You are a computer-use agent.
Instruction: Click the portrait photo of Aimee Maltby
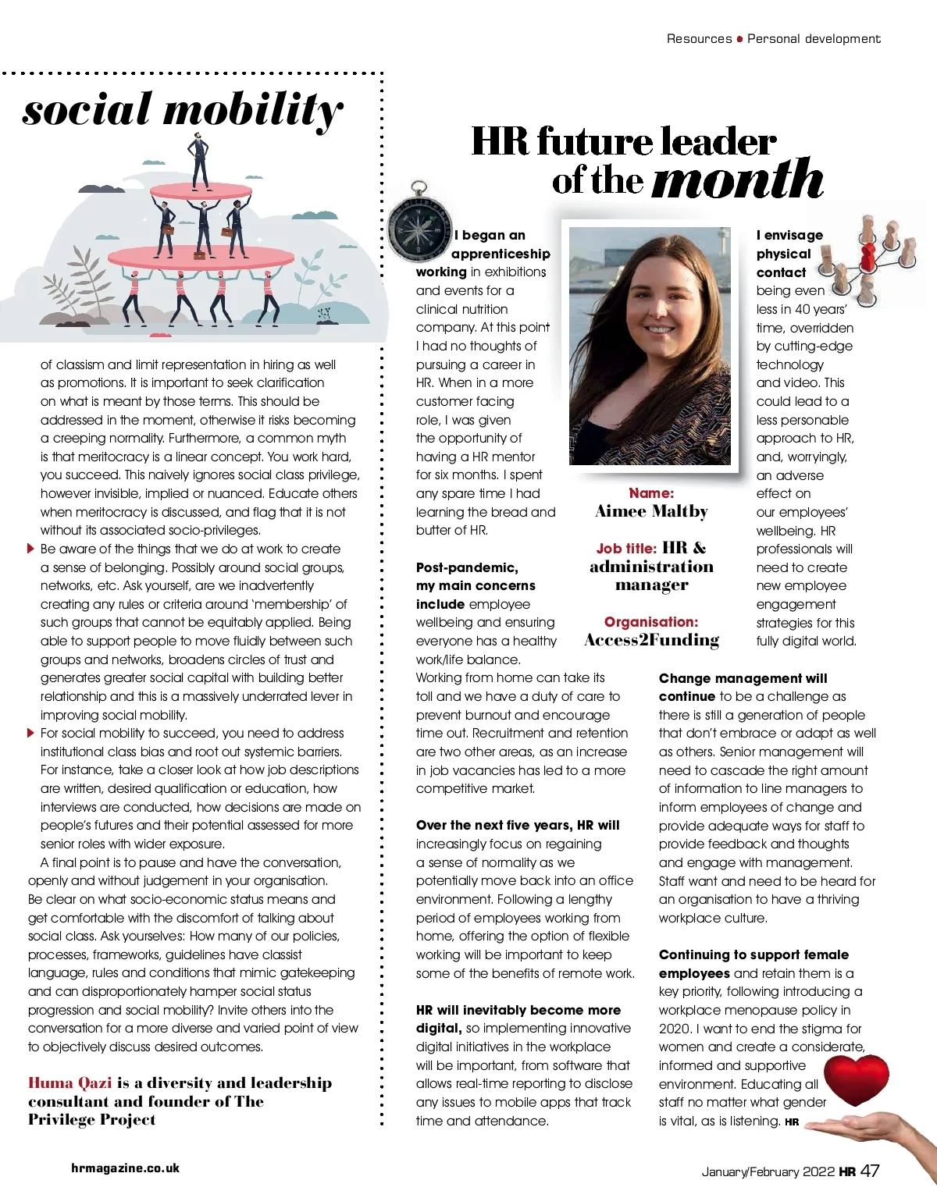[650, 346]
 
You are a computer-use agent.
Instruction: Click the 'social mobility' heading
[183, 109]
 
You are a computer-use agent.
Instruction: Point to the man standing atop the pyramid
[199, 159]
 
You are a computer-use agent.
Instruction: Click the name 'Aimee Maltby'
[651, 512]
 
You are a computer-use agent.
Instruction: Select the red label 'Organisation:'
[651, 622]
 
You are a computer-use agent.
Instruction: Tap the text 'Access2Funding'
[651, 641]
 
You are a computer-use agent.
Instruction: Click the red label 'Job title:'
[626, 549]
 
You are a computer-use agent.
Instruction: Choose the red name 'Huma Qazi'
[69, 1083]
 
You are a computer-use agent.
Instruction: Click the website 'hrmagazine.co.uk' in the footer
[125, 1168]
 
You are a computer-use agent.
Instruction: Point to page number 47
[870, 1171]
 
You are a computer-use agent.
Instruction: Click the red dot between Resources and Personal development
[739, 39]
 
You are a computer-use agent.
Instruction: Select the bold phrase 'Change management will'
[743, 679]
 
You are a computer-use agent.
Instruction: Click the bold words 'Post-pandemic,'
[467, 567]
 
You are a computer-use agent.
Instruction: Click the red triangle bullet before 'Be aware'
[30, 549]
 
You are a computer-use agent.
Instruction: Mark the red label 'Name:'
[651, 493]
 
